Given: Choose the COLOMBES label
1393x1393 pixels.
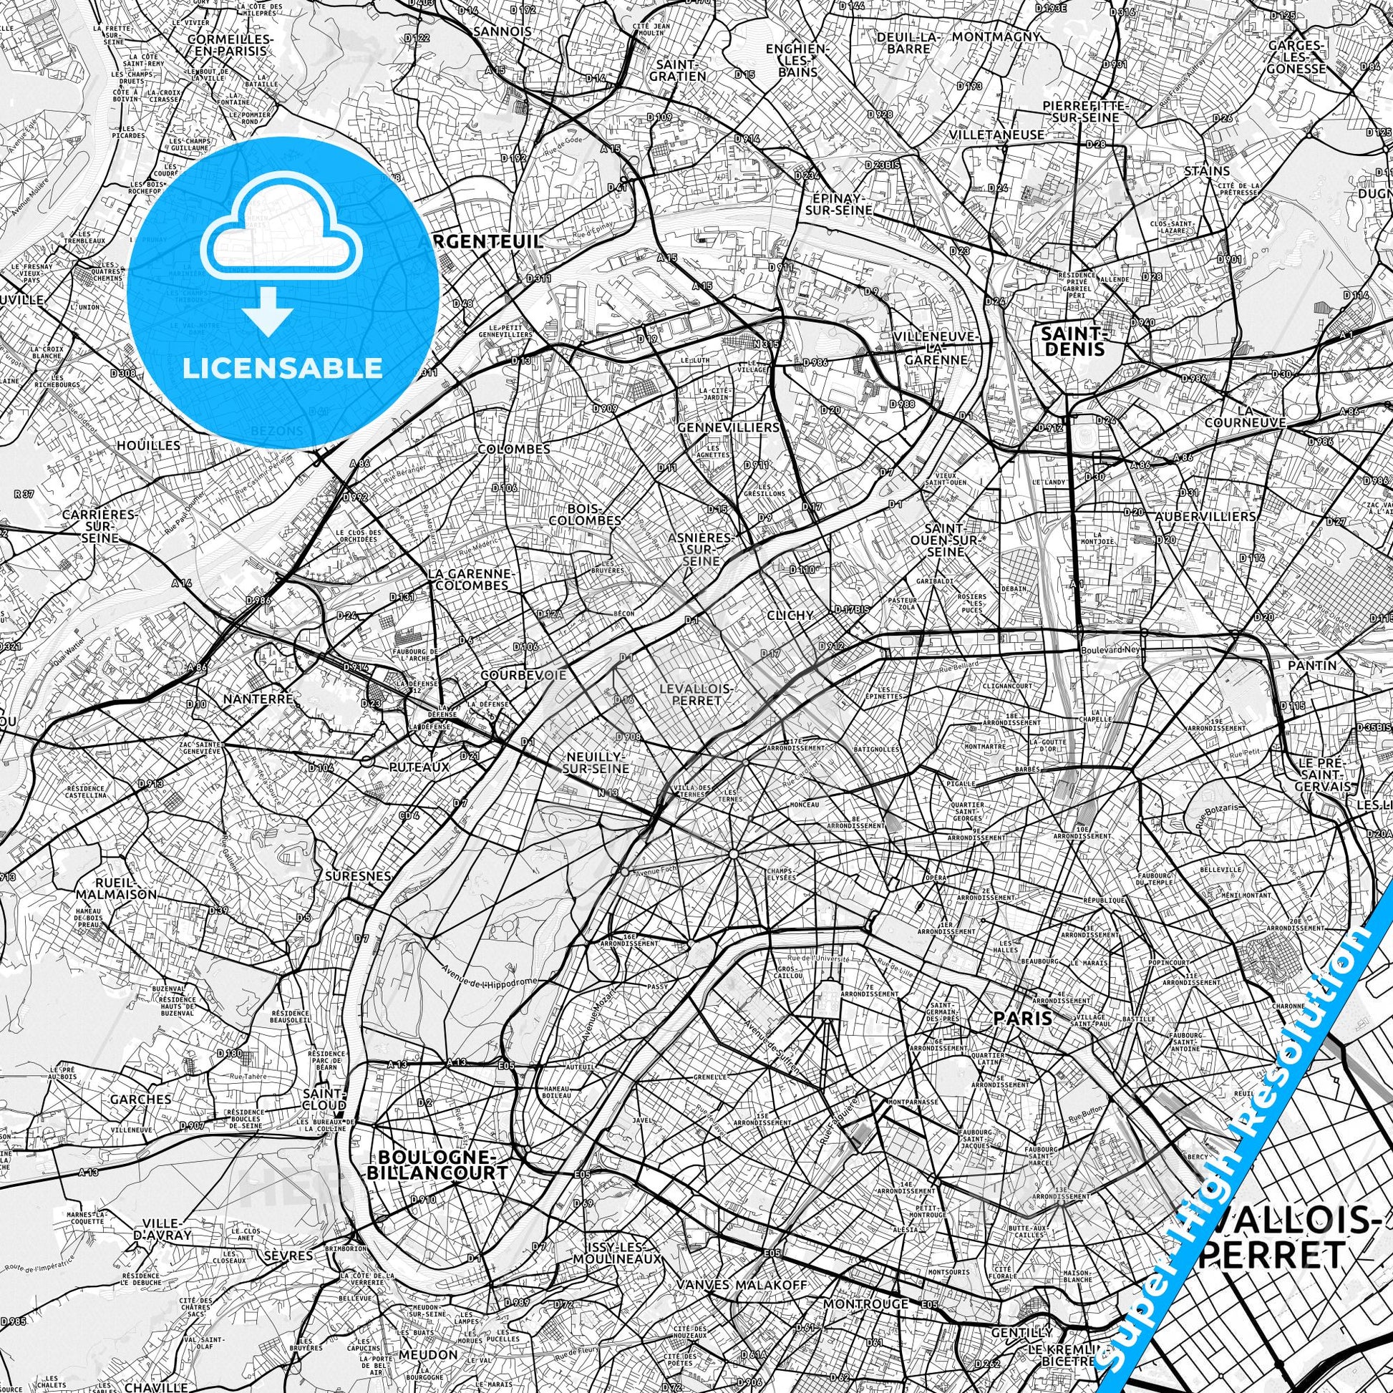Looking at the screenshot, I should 513,449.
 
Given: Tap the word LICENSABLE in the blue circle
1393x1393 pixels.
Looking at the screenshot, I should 283,368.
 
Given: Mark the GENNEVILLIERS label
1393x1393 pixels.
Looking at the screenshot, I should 728,427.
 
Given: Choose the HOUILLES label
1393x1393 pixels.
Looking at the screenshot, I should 147,445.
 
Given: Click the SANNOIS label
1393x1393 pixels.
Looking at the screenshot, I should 503,31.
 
